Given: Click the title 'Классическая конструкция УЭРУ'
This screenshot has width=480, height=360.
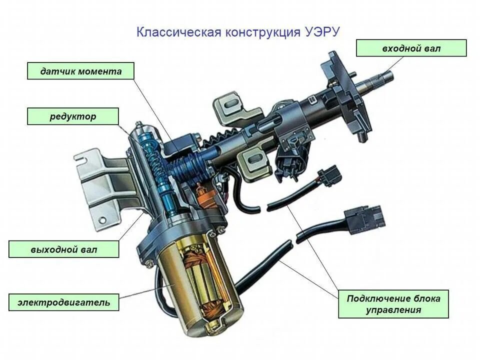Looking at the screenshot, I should (x=238, y=32).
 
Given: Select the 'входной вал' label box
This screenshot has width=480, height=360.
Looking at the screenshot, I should (x=411, y=48).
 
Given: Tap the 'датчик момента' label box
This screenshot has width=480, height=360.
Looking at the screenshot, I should (x=81, y=71).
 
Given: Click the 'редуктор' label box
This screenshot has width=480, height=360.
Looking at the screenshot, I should (x=73, y=116).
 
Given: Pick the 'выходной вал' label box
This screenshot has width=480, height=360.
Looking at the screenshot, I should (x=64, y=249).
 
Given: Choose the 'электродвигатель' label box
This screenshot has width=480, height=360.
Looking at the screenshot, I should (x=64, y=302).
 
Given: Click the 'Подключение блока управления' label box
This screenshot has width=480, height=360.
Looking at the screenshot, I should (x=393, y=304).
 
